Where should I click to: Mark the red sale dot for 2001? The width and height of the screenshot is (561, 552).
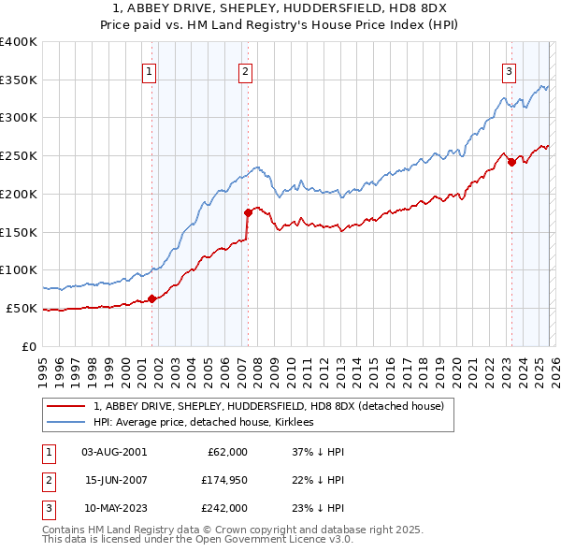point(151,299)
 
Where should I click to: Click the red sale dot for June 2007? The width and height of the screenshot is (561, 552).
point(249,212)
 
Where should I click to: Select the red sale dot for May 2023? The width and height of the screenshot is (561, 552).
point(511,162)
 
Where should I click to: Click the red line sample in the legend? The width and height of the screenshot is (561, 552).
point(66,406)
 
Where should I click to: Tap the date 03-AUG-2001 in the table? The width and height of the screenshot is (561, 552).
point(114,452)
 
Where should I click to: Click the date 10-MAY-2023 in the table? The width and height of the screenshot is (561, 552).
point(114,508)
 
